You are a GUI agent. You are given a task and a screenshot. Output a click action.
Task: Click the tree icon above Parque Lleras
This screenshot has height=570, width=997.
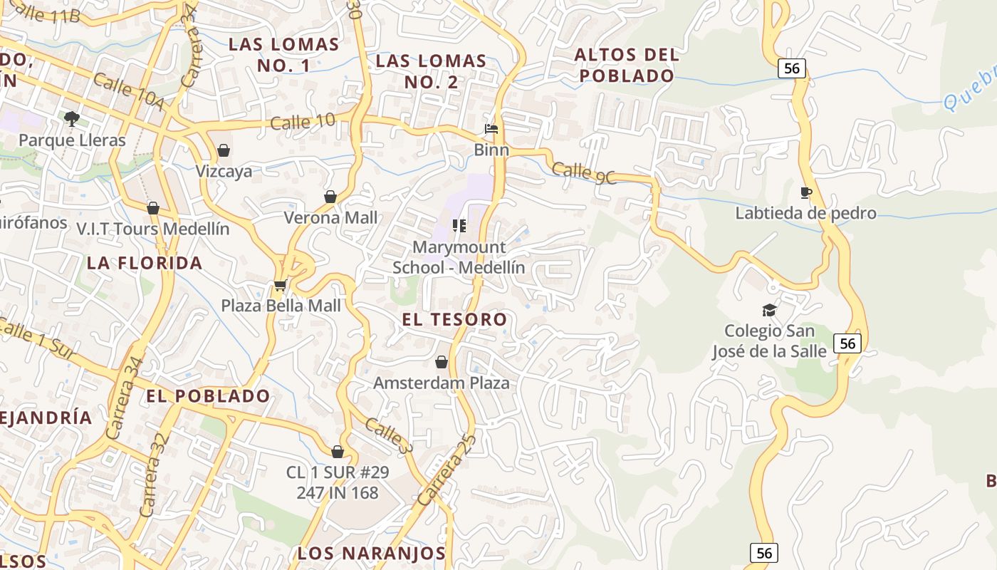[x=71, y=118]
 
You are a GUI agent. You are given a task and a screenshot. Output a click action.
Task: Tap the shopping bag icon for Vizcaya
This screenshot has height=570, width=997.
[x=224, y=150]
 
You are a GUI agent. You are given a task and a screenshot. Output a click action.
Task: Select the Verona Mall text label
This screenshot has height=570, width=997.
[x=330, y=217]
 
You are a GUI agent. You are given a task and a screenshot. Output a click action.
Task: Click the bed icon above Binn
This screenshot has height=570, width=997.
[x=491, y=129]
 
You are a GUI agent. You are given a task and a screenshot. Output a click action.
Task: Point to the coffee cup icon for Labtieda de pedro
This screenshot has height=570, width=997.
[x=806, y=192]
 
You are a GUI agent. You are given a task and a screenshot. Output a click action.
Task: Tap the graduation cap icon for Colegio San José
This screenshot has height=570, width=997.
[x=769, y=310]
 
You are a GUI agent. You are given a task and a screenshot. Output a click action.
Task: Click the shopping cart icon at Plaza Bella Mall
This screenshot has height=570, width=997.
[x=280, y=286]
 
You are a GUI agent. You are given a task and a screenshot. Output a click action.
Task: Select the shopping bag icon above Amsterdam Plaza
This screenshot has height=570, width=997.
[x=442, y=362]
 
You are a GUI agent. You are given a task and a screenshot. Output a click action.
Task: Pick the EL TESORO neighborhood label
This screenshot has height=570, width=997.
[x=454, y=319]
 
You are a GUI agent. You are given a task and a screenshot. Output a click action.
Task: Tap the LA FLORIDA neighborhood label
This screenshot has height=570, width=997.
[x=145, y=263]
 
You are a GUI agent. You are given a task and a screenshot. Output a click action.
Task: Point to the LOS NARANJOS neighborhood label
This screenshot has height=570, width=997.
[x=371, y=553]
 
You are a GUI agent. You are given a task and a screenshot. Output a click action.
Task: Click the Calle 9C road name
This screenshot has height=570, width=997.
[x=583, y=173]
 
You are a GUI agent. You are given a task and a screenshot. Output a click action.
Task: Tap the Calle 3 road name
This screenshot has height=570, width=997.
[x=389, y=436]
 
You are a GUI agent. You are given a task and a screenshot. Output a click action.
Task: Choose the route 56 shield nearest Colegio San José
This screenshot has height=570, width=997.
[x=847, y=343]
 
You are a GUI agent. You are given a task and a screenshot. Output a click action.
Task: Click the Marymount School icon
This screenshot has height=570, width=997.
[x=459, y=226]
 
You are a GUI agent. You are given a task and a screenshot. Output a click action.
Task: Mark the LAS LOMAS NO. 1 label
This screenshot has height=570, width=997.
[x=283, y=55]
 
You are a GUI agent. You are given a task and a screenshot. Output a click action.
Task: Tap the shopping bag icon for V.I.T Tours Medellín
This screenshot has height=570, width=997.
[x=153, y=208]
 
